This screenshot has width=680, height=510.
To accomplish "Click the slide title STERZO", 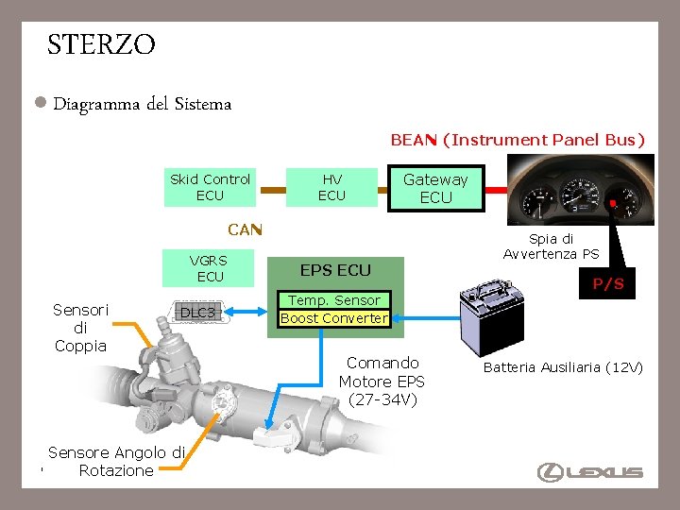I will tap(101, 44).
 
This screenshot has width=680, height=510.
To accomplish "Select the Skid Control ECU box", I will tap(210, 187).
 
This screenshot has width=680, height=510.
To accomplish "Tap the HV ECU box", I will tap(331, 187).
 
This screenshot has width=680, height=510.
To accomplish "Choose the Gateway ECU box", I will tap(435, 188).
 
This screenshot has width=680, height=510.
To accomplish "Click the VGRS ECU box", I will tap(208, 268).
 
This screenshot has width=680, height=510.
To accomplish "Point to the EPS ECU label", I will tap(335, 270).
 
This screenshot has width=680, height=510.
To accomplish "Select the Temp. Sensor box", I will tap(334, 300).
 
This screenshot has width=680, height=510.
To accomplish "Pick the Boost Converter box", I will tap(334, 318).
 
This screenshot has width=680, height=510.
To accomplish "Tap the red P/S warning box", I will tap(608, 283).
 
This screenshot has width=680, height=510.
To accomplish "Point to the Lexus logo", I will tap(590, 472).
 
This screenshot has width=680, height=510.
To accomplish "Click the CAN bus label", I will tap(245, 229).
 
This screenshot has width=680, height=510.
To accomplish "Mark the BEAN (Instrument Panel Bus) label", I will tap(518, 140).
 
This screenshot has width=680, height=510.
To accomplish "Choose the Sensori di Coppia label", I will tap(80, 328).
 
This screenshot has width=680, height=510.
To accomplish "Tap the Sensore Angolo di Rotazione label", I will tap(116, 462).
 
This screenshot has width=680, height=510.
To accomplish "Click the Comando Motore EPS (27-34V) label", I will tap(382, 381).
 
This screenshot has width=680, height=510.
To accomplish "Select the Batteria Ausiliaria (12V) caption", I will tap(563, 367).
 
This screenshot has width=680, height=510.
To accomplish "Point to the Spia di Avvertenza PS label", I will tap(551, 246).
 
